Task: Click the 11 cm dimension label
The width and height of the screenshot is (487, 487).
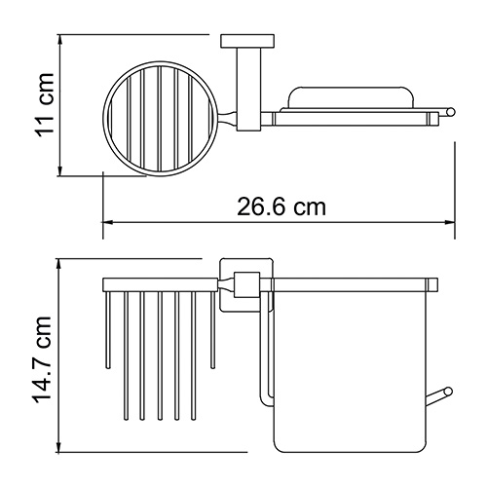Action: (45, 105)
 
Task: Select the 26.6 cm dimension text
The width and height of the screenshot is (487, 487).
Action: (281, 207)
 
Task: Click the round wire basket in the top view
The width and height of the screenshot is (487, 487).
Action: (103, 119)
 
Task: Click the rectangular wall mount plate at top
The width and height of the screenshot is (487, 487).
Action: (247, 41)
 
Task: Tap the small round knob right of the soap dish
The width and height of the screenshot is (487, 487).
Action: (451, 112)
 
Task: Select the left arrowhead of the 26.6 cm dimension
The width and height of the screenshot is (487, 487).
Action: (108, 222)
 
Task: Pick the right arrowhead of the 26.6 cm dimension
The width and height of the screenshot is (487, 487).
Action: (450, 222)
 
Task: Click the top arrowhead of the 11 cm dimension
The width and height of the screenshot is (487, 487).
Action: (60, 39)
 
